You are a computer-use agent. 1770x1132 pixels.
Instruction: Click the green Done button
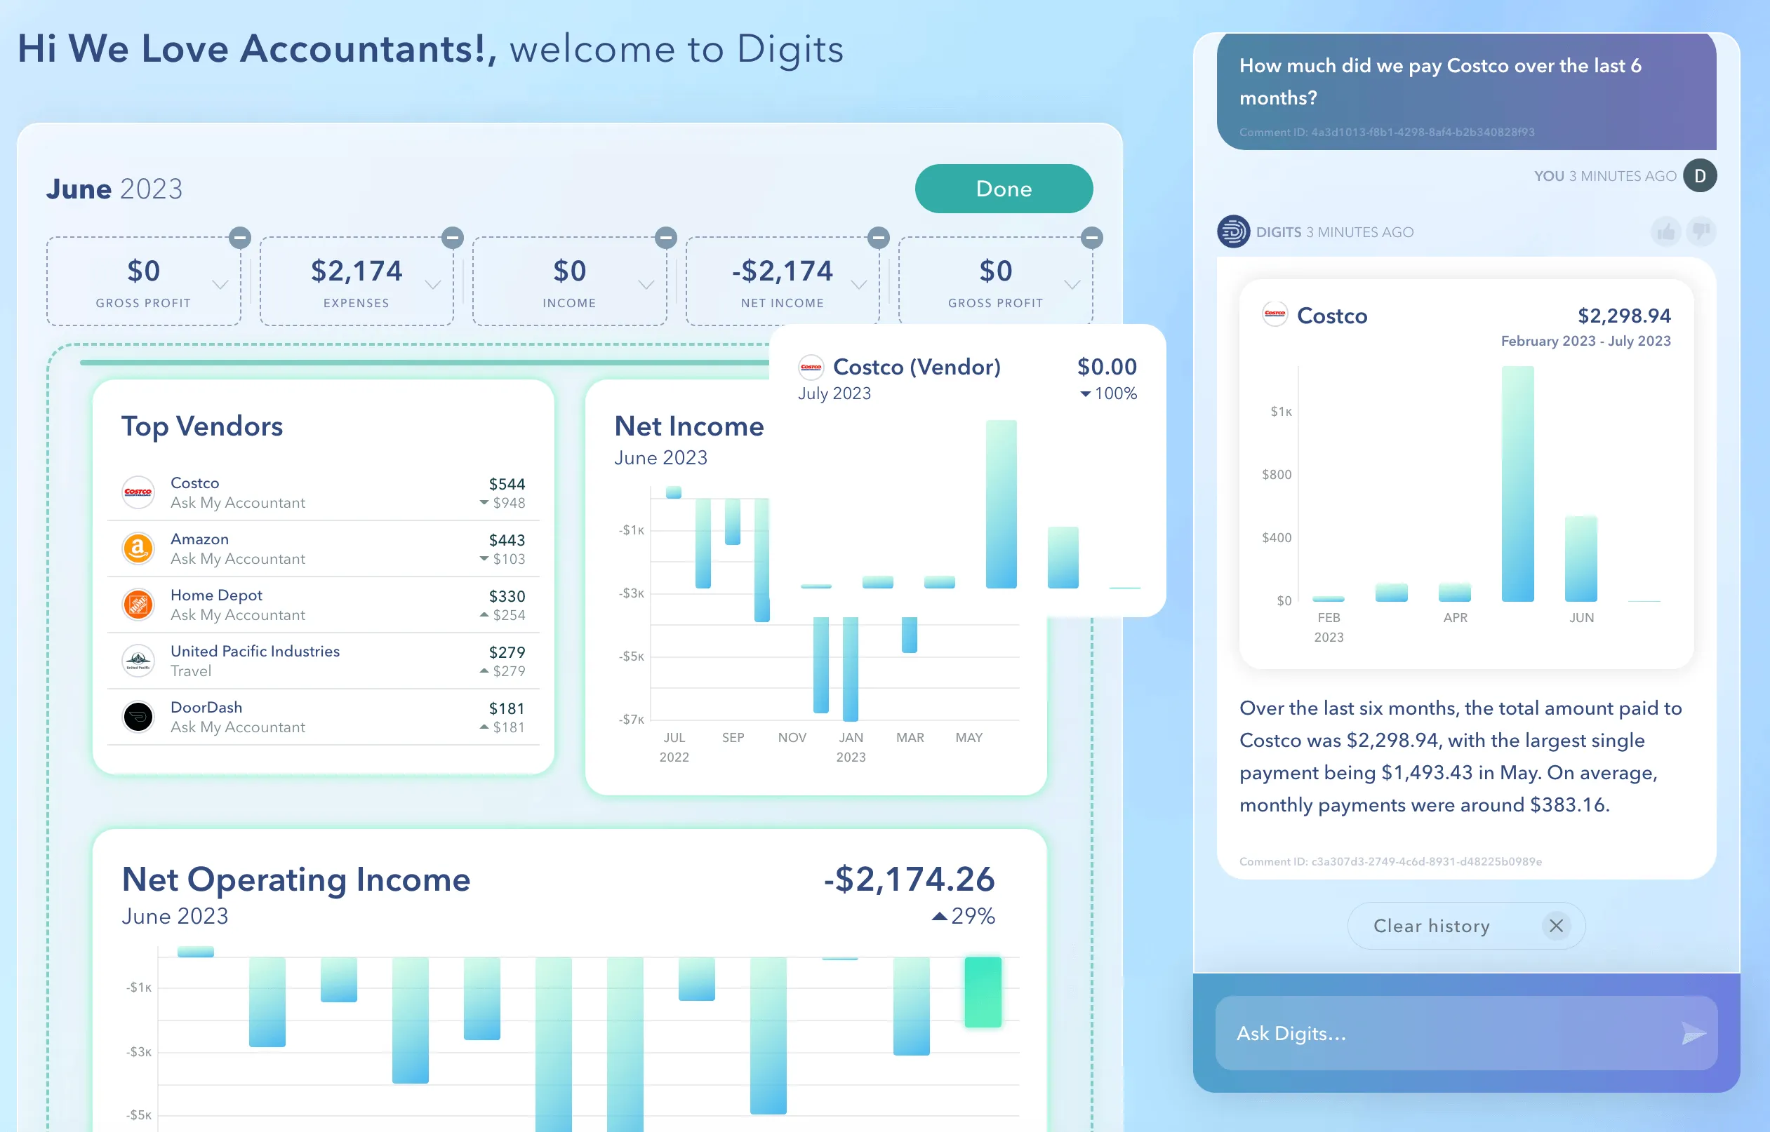[x=1003, y=189]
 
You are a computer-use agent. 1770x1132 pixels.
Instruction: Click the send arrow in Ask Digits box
[x=1694, y=1033]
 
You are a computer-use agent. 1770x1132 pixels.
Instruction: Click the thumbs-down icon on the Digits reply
[x=1701, y=232]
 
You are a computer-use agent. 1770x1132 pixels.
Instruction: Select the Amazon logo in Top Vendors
[x=138, y=548]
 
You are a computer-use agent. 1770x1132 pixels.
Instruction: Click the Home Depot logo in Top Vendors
[x=138, y=604]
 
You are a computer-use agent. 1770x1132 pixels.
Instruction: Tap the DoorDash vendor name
[x=206, y=707]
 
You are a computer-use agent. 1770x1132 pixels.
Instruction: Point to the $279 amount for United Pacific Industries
[x=507, y=652]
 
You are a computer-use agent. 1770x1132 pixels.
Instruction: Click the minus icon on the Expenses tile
[x=452, y=238]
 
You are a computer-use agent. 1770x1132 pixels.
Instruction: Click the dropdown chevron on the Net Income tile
[x=858, y=285]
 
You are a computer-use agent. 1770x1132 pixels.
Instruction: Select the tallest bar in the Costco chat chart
[x=1517, y=484]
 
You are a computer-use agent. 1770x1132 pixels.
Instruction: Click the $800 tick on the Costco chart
[x=1276, y=475]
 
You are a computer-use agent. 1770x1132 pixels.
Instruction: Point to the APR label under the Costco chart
[x=1455, y=617]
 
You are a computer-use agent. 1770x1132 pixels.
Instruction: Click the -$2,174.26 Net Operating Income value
[x=909, y=879]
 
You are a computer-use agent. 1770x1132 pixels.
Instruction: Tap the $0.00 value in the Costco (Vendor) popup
[x=1106, y=367]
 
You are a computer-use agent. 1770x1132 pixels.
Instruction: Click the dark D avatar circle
[x=1699, y=175]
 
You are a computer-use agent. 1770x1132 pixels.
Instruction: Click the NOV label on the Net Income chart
[x=792, y=737]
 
